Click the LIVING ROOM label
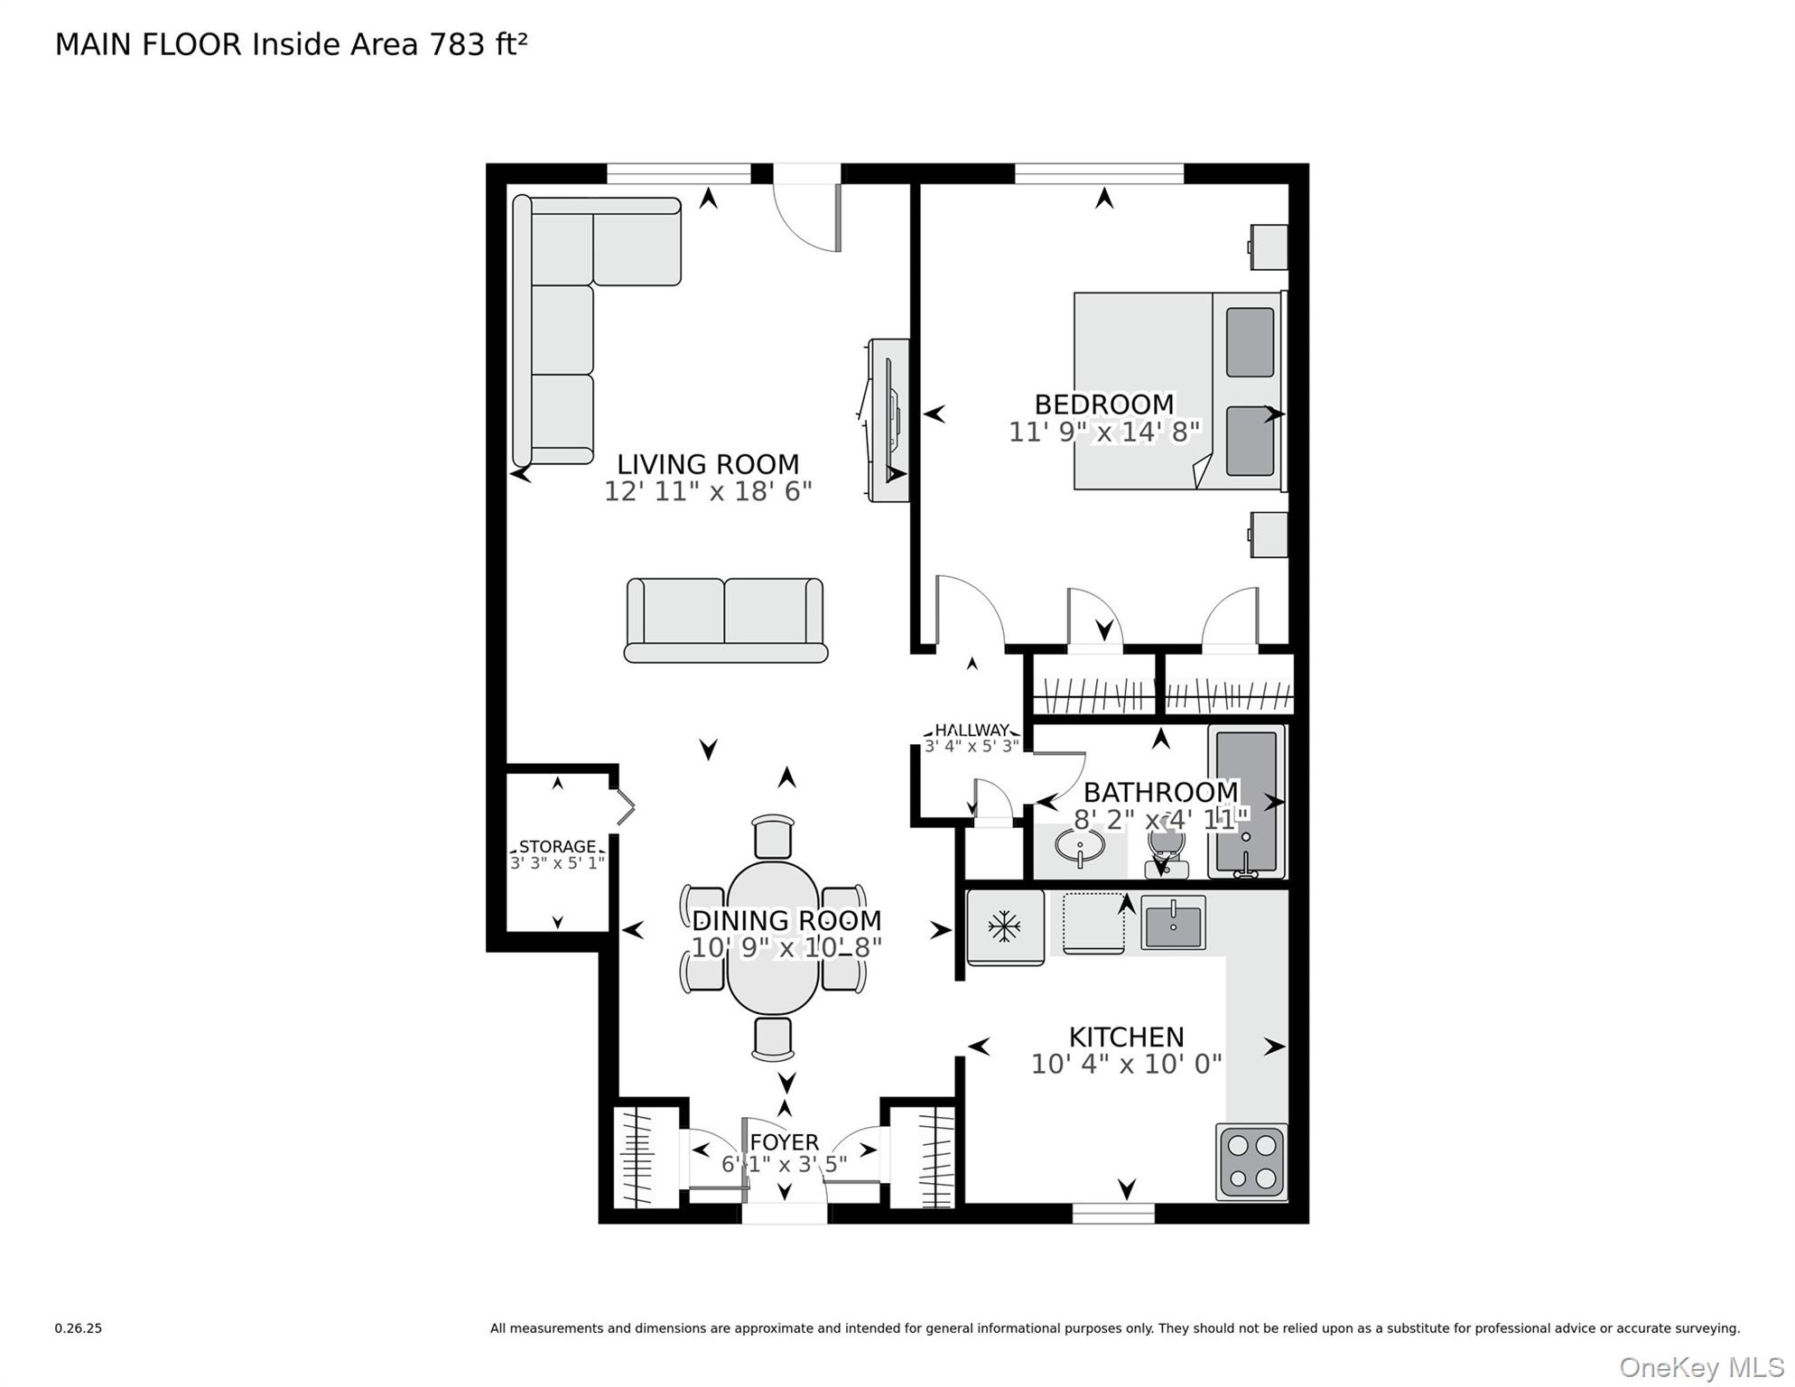pyautogui.click(x=708, y=464)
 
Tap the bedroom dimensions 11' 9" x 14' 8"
pyautogui.click(x=1103, y=433)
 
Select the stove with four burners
pyautogui.click(x=1251, y=1161)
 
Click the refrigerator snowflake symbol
pyautogui.click(x=1004, y=926)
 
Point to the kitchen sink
pyautogui.click(x=1173, y=923)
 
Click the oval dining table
pyautogui.click(x=773, y=938)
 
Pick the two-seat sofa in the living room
pyautogui.click(x=725, y=620)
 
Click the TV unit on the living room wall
pyautogui.click(x=888, y=420)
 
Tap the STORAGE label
pyautogui.click(x=557, y=846)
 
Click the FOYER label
pyautogui.click(x=784, y=1142)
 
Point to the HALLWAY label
pyautogui.click(x=972, y=730)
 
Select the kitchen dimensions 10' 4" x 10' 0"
pyautogui.click(x=1126, y=1065)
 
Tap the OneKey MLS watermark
pyautogui.click(x=1701, y=1367)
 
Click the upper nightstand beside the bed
pyautogui.click(x=1269, y=247)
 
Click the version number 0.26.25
pyautogui.click(x=79, y=1328)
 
